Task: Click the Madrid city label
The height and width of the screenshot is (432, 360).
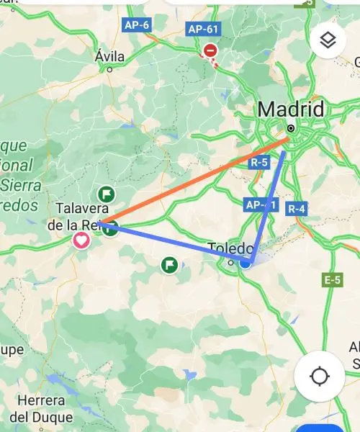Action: pos(291,109)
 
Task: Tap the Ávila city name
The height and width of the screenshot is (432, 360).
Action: pos(109,56)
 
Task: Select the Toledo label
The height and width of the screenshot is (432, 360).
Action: pos(230,248)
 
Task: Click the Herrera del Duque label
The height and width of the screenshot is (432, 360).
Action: pos(41,409)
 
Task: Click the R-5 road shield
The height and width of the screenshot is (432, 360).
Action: pos(259,163)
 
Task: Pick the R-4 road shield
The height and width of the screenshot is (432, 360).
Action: pos(297,209)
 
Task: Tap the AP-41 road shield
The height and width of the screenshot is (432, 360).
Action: pos(260,204)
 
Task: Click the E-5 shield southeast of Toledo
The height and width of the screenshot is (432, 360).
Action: pos(333,280)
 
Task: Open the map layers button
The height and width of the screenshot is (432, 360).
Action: pos(328,41)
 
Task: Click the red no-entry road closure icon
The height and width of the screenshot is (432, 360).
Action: pos(210,50)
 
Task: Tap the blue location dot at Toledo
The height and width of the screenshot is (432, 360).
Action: pos(246,264)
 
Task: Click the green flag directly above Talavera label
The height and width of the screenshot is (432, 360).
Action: pos(107,194)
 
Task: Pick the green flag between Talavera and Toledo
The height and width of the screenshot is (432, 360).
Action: pos(170,265)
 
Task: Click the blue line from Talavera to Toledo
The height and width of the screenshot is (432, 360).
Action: pos(173,241)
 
